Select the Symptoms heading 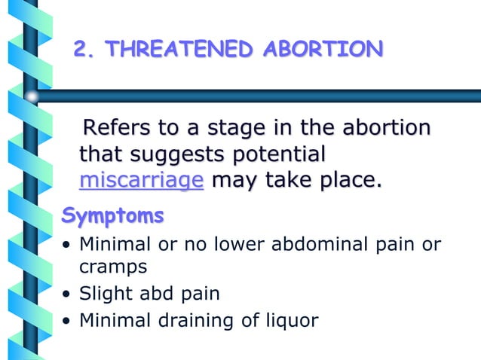coord(112,216)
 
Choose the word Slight coord(104,293)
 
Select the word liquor coord(290,320)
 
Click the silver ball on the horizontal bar coord(31,96)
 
